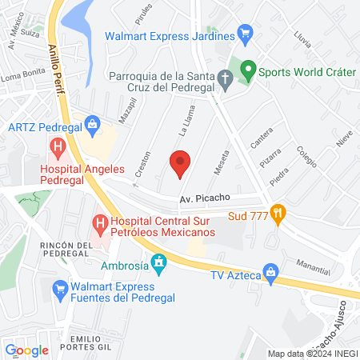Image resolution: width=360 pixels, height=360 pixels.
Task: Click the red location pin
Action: (179, 165)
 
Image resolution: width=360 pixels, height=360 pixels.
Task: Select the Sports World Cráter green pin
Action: (248, 70)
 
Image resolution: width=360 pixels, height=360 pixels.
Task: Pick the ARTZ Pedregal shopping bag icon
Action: (94, 126)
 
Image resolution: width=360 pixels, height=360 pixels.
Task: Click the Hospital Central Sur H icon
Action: (100, 221)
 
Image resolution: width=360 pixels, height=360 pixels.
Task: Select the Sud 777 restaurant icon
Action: (278, 214)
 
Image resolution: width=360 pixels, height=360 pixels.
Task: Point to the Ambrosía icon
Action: (159, 262)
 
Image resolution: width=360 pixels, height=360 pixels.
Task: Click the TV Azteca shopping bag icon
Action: (272, 274)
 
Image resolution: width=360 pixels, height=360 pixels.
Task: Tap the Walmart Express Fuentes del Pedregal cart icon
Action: (58, 293)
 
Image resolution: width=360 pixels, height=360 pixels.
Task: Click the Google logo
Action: (26, 350)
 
